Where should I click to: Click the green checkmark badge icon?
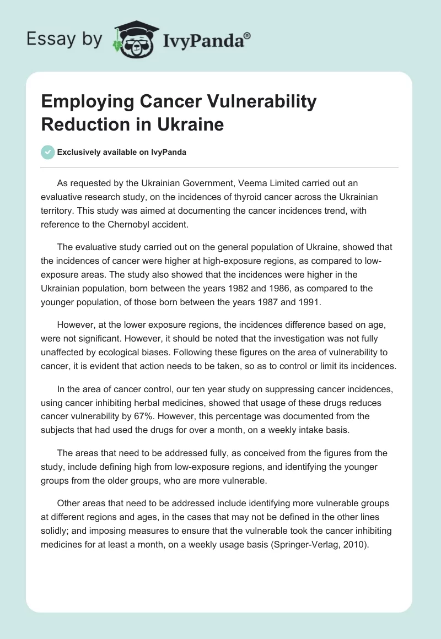[48, 153]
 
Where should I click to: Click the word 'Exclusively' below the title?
[79, 153]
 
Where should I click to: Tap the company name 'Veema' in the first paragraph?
[251, 183]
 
